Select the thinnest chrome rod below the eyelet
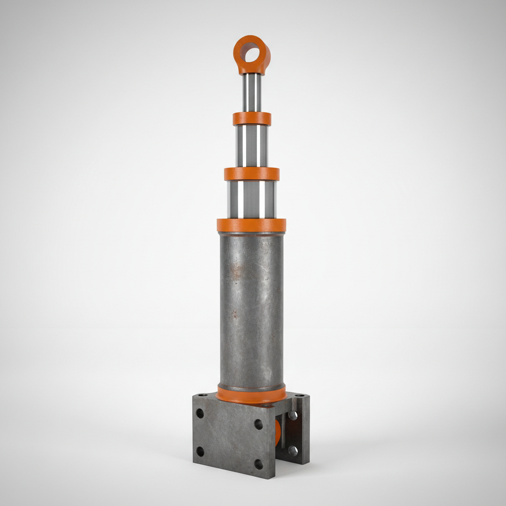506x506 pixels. (x=252, y=93)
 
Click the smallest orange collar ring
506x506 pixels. (x=252, y=119)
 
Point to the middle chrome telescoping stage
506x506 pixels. (x=252, y=146)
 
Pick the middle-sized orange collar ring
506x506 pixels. (x=252, y=174)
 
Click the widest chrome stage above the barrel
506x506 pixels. (x=252, y=200)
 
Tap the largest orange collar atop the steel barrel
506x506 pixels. (x=251, y=225)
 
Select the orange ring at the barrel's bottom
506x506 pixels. (x=251, y=395)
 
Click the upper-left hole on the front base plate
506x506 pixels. (x=200, y=413)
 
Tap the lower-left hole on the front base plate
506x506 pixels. (x=200, y=451)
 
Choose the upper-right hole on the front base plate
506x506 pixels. (x=258, y=424)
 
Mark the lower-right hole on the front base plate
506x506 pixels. (x=258, y=464)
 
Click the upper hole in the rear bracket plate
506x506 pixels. (x=293, y=416)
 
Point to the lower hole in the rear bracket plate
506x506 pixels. (x=293, y=450)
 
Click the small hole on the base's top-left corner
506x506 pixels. (x=200, y=395)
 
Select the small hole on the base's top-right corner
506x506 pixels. (x=299, y=395)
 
